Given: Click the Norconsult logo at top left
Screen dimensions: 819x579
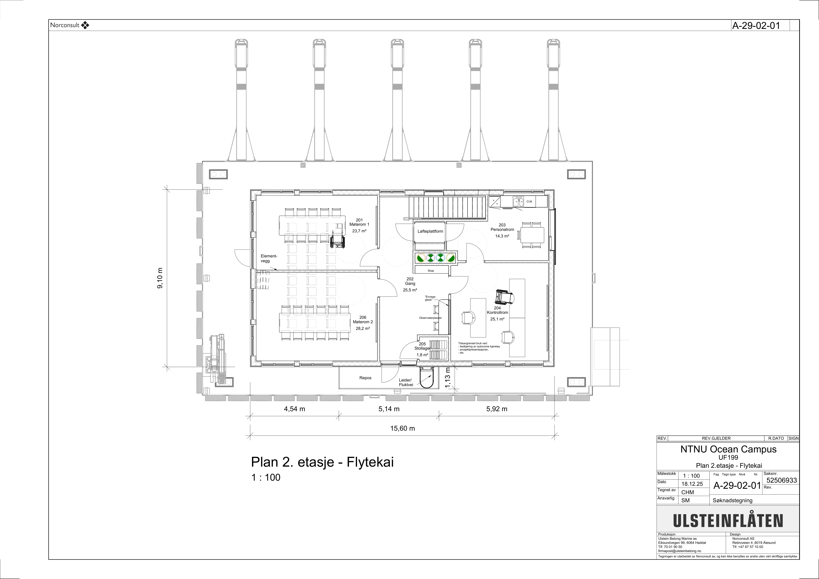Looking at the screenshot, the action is [x=70, y=25].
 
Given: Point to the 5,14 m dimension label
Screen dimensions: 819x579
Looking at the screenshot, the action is [x=389, y=409].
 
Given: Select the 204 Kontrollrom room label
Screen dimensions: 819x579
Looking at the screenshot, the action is [x=497, y=313].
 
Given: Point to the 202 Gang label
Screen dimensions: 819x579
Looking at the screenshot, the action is [x=410, y=284].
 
